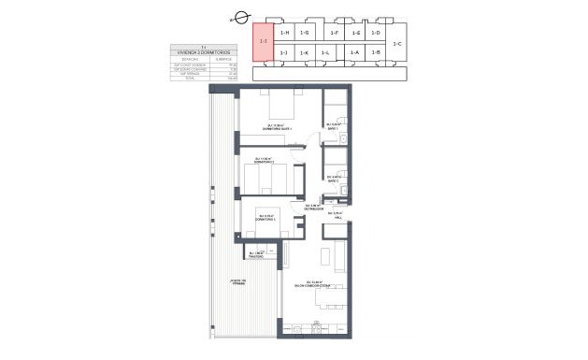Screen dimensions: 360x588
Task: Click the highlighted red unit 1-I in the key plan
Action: (263, 40)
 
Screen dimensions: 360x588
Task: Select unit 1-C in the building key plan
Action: (396, 43)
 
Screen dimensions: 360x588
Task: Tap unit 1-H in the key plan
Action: (284, 33)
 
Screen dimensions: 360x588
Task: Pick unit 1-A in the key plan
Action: (355, 52)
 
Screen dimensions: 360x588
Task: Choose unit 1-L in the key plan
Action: (325, 52)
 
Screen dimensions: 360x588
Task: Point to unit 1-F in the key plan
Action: (335, 33)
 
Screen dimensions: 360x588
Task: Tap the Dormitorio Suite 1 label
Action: (280, 127)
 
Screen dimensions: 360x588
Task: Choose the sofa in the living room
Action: (324, 254)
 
